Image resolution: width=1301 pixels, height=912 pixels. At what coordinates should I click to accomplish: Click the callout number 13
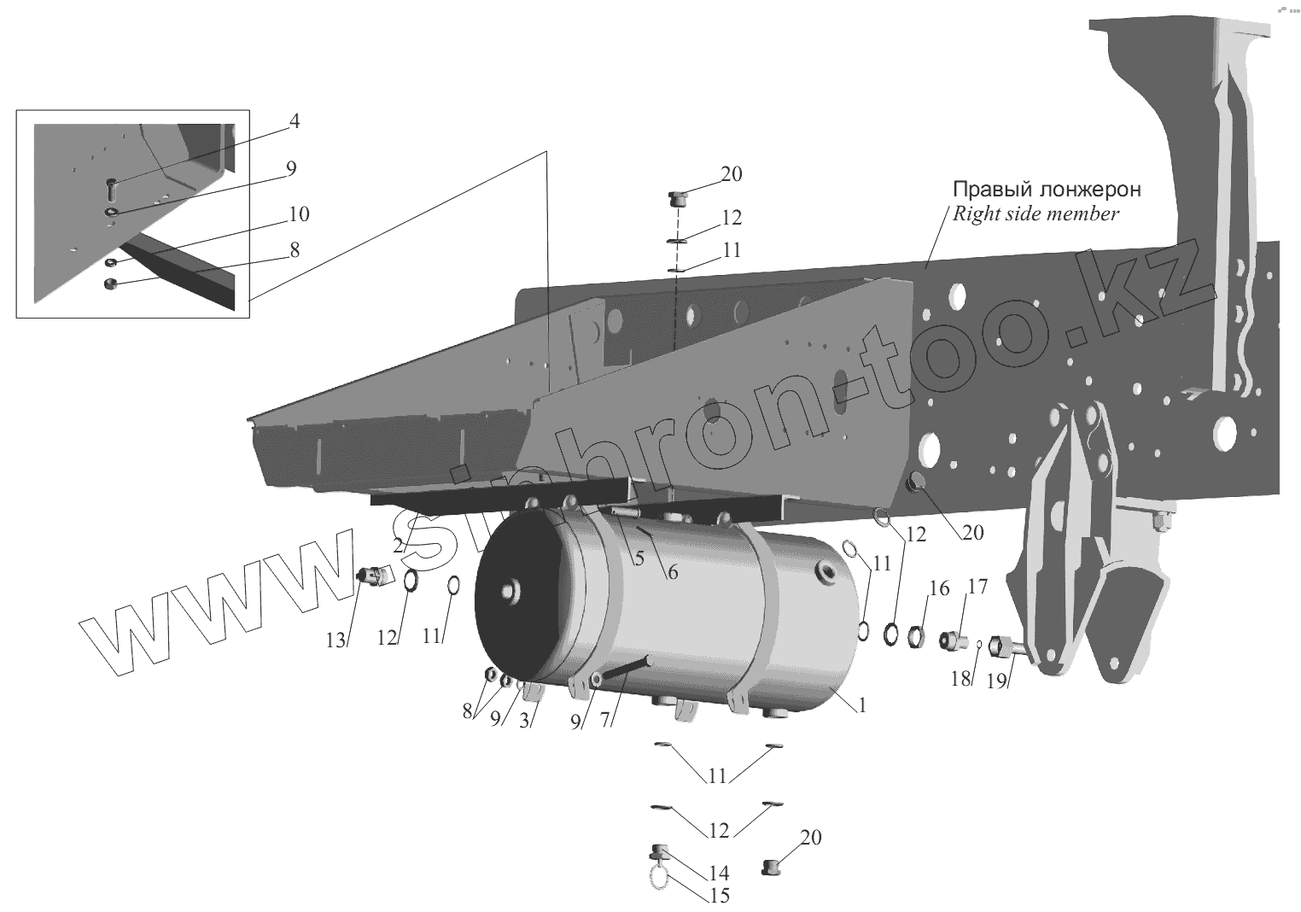tap(336, 640)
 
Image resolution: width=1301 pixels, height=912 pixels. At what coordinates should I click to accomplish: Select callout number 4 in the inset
tap(294, 121)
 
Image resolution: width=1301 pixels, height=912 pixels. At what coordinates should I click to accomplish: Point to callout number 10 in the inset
tap(300, 213)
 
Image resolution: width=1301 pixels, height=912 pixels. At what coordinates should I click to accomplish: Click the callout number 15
tap(719, 896)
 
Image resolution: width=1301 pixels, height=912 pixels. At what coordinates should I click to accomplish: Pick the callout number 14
tap(719, 873)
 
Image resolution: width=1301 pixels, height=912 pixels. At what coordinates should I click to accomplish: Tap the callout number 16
tap(939, 589)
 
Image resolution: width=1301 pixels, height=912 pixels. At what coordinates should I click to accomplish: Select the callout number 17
tap(977, 587)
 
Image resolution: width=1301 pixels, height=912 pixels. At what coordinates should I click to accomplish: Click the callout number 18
tap(961, 679)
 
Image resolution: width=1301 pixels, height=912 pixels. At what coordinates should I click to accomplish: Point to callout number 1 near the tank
tap(863, 706)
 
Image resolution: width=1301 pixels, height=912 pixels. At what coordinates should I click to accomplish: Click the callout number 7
tap(604, 720)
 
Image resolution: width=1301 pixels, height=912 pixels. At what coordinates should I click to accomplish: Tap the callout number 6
tap(673, 572)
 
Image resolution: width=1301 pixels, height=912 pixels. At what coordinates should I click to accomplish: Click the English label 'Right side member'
tap(1036, 213)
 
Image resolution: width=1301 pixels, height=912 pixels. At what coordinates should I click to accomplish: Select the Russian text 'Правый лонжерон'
tap(1047, 189)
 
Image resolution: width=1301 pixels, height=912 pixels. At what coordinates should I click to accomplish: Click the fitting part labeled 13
tap(371, 576)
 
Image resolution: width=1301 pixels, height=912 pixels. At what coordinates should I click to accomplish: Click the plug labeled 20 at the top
tap(676, 200)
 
